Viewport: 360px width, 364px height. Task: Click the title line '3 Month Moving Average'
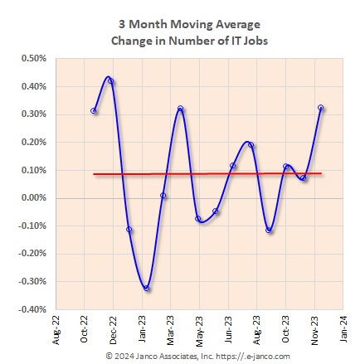(179, 24)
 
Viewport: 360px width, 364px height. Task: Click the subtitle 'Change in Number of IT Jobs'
(179, 40)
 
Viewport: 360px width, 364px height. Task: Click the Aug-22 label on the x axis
(56, 328)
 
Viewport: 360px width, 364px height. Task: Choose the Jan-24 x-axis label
(343, 328)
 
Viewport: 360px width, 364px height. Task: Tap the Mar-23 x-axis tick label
(170, 328)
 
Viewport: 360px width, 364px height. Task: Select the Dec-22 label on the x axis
(113, 328)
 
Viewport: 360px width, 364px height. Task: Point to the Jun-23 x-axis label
(227, 328)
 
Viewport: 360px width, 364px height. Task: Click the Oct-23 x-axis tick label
(285, 328)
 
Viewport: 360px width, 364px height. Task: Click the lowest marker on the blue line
(147, 289)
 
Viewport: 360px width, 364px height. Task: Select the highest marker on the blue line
(111, 81)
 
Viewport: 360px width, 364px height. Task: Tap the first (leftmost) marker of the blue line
(94, 110)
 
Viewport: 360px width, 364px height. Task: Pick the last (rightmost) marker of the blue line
(321, 108)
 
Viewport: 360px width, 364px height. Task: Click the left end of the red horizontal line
(95, 174)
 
